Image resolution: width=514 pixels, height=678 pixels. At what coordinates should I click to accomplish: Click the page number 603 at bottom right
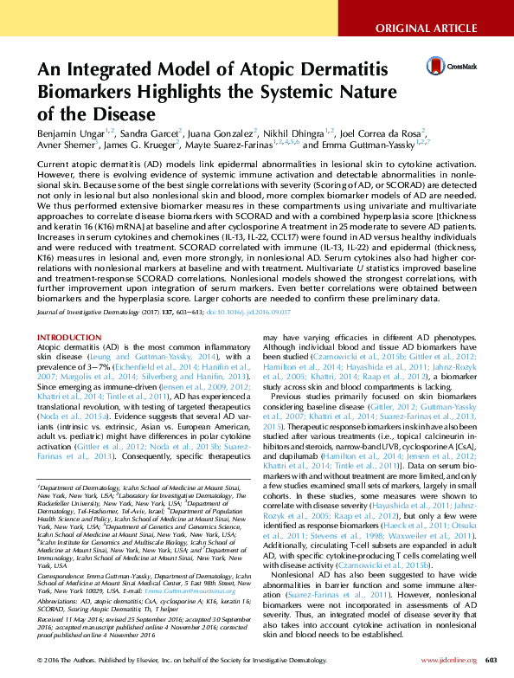click(x=501, y=660)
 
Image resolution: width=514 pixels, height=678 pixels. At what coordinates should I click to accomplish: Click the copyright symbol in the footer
click(x=40, y=660)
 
